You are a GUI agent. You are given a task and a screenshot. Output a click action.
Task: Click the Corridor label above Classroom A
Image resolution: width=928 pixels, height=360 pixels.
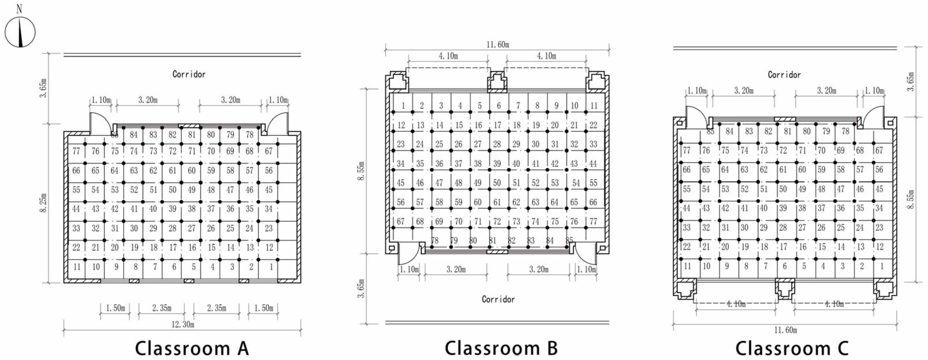(189, 74)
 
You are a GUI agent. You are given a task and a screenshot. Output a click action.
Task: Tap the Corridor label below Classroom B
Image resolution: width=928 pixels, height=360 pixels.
(498, 299)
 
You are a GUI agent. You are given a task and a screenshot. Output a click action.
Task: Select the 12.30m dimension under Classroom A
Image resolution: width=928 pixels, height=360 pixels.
(183, 324)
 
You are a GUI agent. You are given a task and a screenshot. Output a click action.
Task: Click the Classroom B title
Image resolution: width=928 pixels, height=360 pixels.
(501, 348)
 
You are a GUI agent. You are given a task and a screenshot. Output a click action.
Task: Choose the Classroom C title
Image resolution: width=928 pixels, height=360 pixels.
(791, 348)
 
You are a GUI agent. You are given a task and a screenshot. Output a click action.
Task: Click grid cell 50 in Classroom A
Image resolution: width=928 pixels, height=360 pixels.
(173, 190)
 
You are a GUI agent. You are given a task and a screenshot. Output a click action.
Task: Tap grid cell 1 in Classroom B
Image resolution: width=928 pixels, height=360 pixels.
(403, 106)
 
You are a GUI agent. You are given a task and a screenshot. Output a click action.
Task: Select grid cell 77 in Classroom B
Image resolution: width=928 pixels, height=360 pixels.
(593, 221)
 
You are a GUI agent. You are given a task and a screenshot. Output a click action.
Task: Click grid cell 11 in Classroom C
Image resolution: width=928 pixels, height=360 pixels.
(687, 266)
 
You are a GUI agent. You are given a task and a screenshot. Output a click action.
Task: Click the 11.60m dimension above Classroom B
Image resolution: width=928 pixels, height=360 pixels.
(498, 45)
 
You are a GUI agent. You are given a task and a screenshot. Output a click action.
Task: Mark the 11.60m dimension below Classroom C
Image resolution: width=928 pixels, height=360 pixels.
(785, 330)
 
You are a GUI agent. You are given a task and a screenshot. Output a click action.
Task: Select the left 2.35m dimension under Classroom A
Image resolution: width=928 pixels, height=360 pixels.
(162, 308)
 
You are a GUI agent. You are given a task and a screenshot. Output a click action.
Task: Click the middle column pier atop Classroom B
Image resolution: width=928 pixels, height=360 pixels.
(498, 82)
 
